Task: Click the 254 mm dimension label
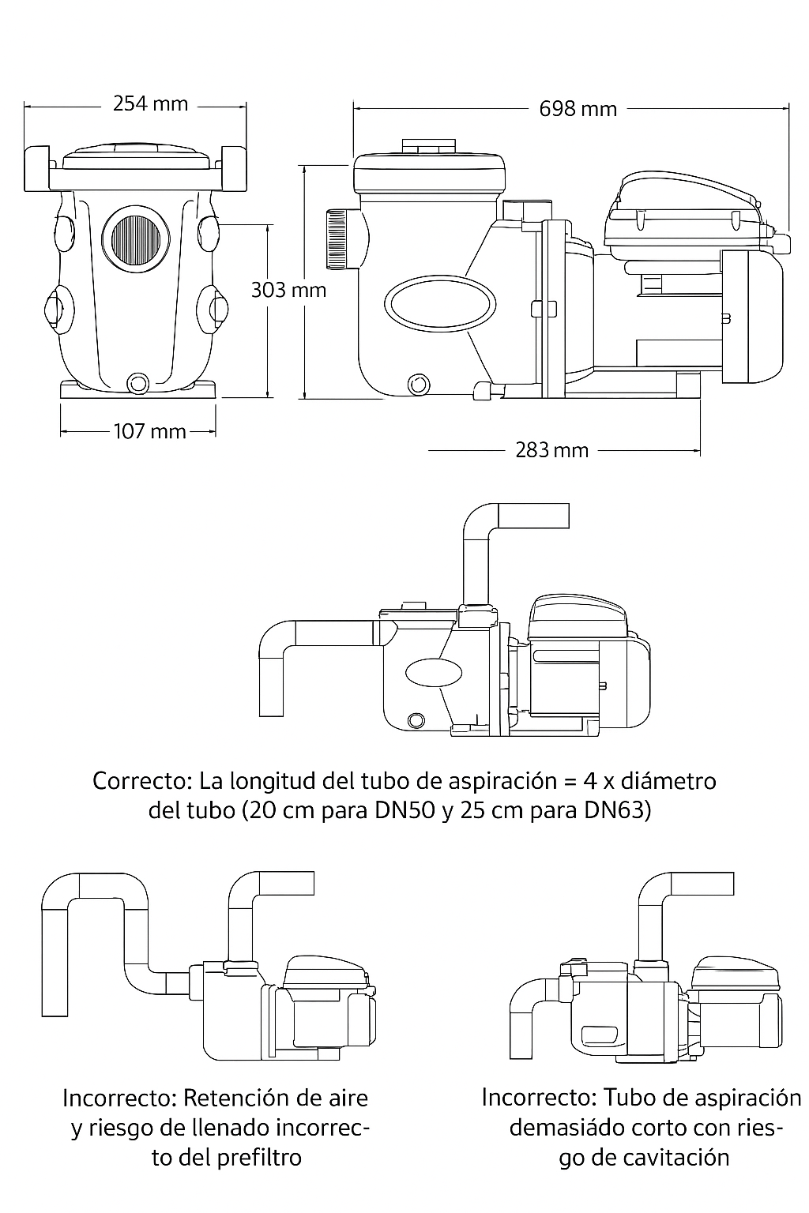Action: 150,103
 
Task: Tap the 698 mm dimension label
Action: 578,109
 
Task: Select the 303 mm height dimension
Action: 288,290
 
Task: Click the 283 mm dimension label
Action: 551,450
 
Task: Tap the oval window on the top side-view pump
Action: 440,302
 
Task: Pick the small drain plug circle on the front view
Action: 138,385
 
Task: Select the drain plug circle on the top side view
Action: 417,384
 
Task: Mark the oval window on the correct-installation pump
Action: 433,672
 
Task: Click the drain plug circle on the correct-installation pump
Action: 416,719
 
